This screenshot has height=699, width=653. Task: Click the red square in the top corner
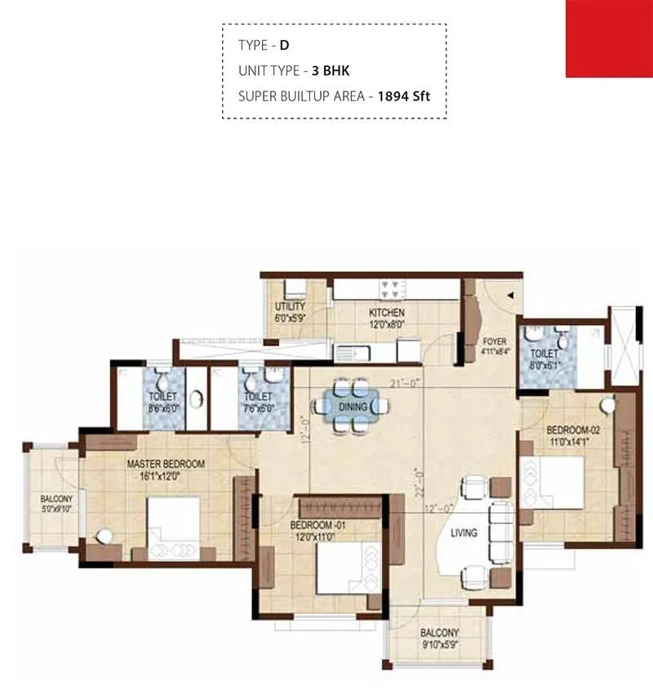point(609,38)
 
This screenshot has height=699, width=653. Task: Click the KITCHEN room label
point(386,313)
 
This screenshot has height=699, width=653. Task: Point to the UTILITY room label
point(290,307)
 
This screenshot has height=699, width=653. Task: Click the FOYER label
point(495,342)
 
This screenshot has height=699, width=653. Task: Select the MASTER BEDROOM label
point(166,463)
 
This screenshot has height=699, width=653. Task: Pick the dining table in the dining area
point(351,405)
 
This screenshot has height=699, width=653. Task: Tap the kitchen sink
point(353,353)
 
